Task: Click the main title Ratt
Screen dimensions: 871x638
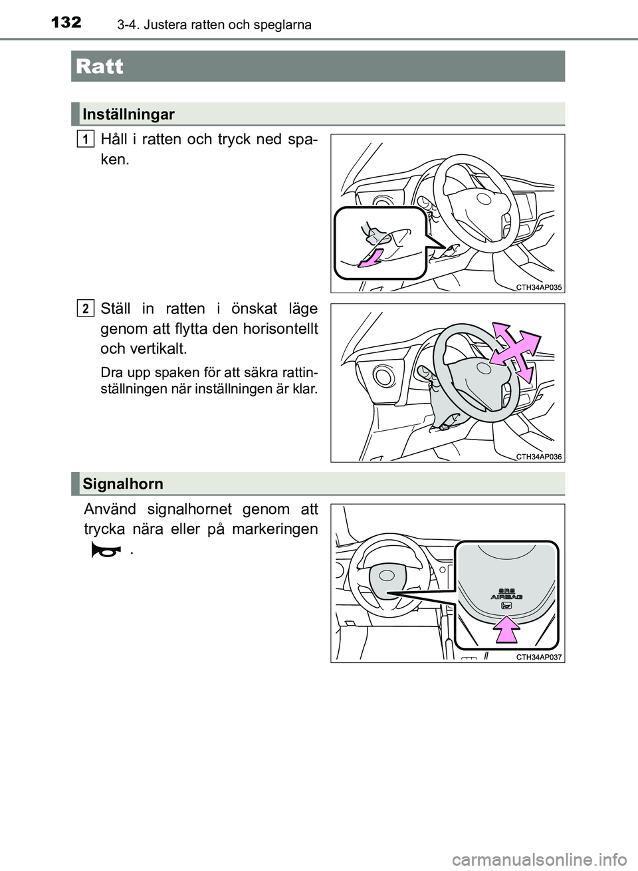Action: point(100,66)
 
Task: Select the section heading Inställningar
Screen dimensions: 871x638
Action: point(129,114)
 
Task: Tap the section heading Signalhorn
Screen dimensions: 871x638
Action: point(123,483)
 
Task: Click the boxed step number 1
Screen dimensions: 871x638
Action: point(84,138)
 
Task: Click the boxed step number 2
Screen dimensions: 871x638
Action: point(84,308)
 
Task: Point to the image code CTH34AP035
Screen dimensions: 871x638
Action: point(539,287)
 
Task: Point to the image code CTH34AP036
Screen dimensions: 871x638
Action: point(539,456)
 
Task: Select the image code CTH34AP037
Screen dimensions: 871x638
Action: point(539,657)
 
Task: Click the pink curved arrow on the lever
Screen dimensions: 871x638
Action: point(370,258)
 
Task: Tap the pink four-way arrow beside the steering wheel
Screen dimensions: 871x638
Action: point(515,349)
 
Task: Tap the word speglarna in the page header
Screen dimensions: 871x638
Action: point(282,25)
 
